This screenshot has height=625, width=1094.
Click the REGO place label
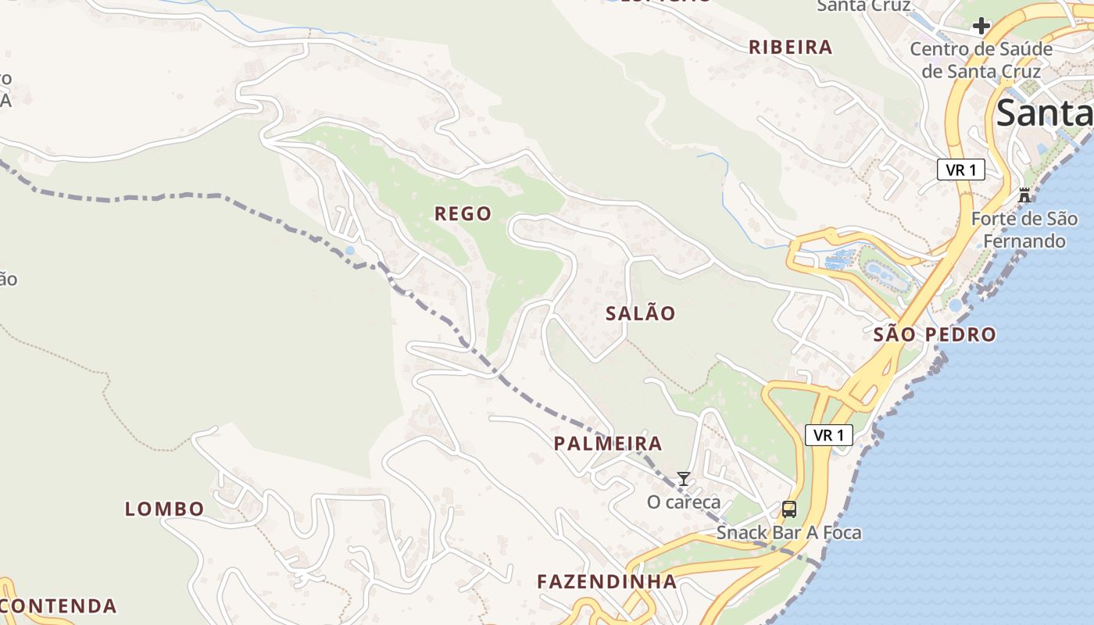click(463, 213)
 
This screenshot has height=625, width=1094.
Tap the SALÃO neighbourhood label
click(641, 313)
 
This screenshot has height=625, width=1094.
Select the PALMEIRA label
click(608, 444)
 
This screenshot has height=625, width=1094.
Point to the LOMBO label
click(165, 509)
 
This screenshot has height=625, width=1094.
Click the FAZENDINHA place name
click(606, 581)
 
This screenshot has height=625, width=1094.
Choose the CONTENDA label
click(59, 605)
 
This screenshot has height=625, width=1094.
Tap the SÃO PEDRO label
click(935, 335)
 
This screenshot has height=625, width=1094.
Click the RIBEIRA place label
click(791, 47)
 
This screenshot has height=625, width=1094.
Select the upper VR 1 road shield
click(960, 170)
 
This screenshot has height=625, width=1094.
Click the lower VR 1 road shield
click(828, 435)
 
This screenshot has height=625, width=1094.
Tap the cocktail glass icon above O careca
click(684, 479)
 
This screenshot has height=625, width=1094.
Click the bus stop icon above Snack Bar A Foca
click(789, 510)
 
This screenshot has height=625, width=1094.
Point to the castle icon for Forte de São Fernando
click(1024, 195)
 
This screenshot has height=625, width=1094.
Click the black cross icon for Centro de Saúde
click(981, 26)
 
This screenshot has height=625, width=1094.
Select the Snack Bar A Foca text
click(789, 533)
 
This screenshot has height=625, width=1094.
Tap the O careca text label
click(684, 502)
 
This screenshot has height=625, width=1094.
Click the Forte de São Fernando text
click(1024, 230)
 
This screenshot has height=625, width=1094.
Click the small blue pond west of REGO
click(349, 251)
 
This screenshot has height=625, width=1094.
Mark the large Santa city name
click(1044, 112)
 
